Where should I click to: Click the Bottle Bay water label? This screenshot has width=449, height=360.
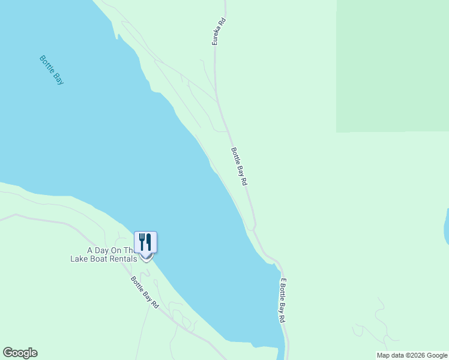coord(52,70)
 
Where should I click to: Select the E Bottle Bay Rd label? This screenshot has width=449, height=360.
coord(282,301)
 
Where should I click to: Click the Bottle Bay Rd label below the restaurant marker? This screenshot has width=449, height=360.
coord(145,293)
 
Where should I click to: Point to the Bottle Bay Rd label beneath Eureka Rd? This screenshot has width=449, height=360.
coord(240,166)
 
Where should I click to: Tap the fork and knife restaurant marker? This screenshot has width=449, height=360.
coord(145,242)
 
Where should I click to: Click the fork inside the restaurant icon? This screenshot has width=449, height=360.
coord(142,241)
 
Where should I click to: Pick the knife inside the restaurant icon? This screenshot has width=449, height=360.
coord(149,241)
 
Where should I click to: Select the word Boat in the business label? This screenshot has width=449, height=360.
coord(97,259)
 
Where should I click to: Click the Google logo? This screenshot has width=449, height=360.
coord(20,353)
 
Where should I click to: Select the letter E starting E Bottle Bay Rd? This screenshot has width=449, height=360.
coord(282,281)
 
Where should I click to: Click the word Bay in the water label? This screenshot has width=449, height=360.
coord(58,77)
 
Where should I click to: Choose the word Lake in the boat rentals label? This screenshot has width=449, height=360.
coord(79,259)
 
